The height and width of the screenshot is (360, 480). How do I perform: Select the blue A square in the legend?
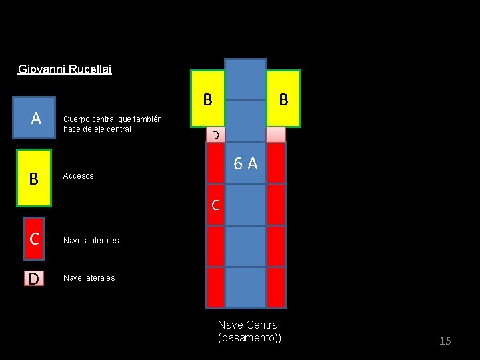(36, 118)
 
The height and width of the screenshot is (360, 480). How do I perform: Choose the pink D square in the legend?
(33, 278)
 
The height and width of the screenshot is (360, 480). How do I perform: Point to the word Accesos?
(78, 176)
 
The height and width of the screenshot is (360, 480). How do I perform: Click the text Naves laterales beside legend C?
(91, 241)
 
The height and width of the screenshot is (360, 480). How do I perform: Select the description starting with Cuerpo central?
(112, 124)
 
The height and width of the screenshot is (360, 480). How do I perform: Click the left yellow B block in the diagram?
(207, 99)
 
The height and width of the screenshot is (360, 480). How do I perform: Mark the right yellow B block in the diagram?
(283, 99)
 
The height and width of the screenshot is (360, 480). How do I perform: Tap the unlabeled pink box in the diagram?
(275, 135)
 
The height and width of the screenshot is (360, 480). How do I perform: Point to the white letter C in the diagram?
(215, 205)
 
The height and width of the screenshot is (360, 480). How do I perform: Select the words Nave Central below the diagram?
(249, 325)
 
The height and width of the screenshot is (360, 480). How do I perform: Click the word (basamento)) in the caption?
(249, 338)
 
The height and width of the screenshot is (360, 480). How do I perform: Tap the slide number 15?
(445, 341)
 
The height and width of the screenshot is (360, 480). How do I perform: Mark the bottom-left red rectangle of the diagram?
(215, 287)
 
